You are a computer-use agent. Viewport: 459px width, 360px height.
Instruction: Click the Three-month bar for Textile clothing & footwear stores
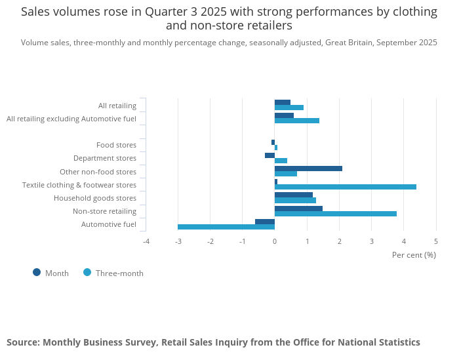point(346,187)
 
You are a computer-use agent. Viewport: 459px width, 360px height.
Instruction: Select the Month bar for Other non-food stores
point(308,169)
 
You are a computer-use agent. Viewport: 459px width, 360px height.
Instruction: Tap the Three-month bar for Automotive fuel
point(226,227)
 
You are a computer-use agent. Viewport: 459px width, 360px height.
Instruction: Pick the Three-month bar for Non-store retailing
point(336,214)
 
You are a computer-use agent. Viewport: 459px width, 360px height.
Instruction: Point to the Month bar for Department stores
point(269,155)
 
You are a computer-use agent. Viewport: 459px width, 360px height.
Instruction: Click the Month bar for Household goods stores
point(294,195)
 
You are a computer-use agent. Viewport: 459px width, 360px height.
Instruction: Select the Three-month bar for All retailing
point(289,108)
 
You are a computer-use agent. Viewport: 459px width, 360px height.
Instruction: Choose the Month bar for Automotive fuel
point(265,222)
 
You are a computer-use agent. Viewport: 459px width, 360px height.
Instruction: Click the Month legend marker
point(37,272)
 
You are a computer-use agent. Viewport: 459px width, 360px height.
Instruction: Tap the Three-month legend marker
point(87,272)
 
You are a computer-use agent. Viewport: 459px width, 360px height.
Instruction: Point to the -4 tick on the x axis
point(146,241)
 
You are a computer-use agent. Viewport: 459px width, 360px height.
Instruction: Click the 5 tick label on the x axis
point(436,241)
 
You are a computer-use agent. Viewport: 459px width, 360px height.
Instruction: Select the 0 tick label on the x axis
point(275,241)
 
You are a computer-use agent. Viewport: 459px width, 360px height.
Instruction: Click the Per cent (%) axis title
point(414,254)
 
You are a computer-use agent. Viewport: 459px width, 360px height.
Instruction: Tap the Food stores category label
point(116,145)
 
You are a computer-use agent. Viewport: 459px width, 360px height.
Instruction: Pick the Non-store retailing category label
point(104,211)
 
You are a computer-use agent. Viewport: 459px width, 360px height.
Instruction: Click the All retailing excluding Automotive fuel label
point(71,119)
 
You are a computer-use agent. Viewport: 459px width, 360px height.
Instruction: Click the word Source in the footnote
point(22,342)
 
